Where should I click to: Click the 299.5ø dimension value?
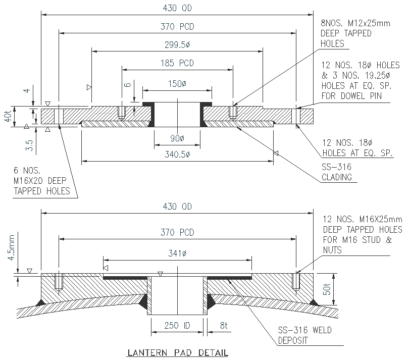tap(177, 45)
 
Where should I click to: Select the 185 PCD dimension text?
tap(177, 64)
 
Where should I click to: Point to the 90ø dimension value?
tap(177, 138)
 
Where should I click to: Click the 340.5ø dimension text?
tap(177, 155)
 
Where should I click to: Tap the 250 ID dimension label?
tap(177, 326)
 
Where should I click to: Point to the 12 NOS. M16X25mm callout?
tap(361, 234)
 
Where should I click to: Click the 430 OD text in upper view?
tap(177, 8)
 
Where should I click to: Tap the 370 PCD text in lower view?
tap(177, 232)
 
